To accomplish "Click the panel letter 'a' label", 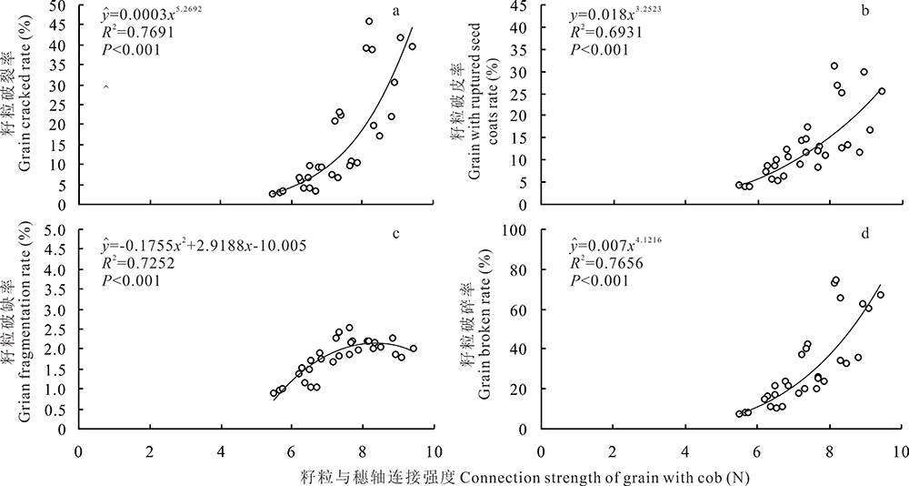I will [396, 12].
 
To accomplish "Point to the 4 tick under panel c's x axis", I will [221, 449].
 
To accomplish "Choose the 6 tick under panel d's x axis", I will [684, 449].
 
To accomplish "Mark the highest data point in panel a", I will [369, 21].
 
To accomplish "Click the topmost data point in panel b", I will [834, 66].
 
